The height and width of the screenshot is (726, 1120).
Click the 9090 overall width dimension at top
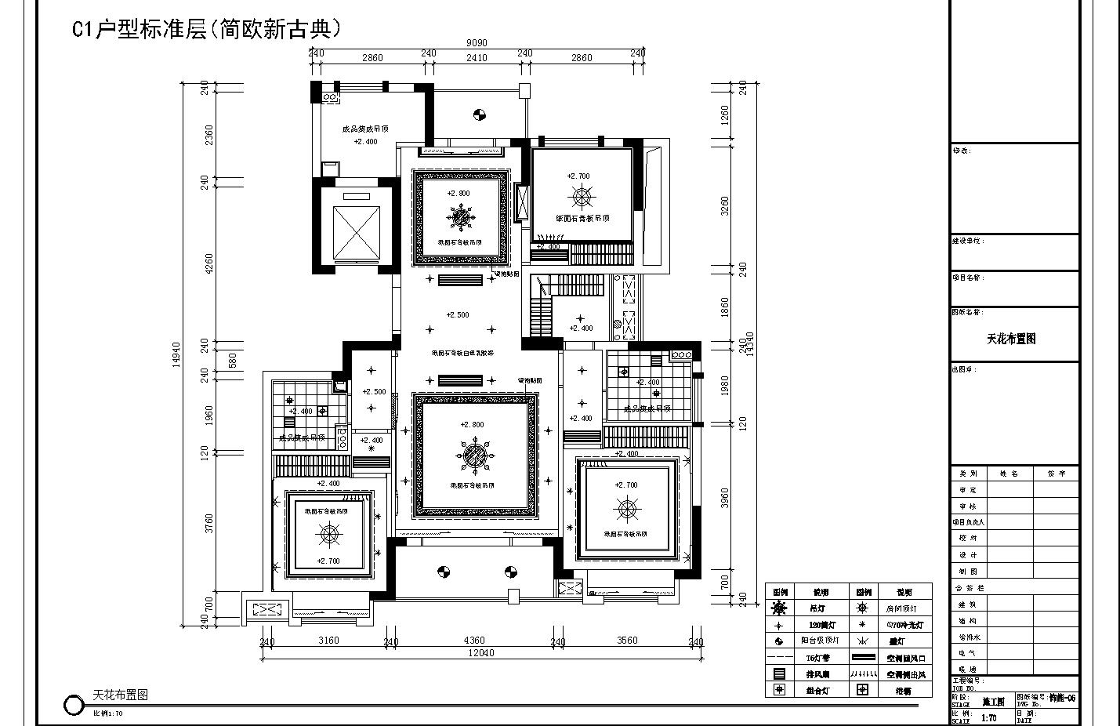pyautogui.click(x=476, y=44)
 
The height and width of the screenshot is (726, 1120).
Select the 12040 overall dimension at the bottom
pyautogui.click(x=480, y=653)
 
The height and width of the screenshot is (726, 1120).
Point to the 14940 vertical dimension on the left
pyautogui.click(x=176, y=354)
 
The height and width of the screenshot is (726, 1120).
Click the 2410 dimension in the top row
pyautogui.click(x=477, y=57)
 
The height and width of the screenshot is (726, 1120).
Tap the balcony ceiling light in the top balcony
pyautogui.click(x=480, y=116)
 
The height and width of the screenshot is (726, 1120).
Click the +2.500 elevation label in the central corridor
pyautogui.click(x=458, y=315)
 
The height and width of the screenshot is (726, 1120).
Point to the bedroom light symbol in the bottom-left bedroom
pyautogui.click(x=329, y=535)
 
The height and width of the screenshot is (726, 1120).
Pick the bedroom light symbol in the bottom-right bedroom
pyautogui.click(x=627, y=510)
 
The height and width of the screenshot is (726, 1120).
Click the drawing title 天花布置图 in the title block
pyautogui.click(x=1010, y=339)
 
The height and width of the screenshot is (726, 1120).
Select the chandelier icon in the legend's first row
pyautogui.click(x=779, y=608)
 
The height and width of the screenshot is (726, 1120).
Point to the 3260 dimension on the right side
pyautogui.click(x=724, y=206)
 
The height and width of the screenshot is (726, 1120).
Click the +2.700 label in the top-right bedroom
pyautogui.click(x=578, y=176)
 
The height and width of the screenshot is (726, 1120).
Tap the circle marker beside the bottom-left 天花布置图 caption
pyautogui.click(x=73, y=705)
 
